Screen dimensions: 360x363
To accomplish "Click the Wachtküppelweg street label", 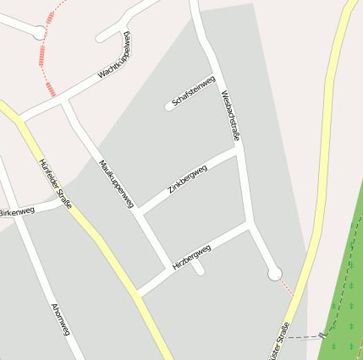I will (115, 58).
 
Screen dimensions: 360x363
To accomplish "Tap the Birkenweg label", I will (17, 210).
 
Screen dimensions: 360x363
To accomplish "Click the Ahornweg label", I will (59, 319).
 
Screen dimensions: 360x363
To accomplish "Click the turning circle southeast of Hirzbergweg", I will (273, 273).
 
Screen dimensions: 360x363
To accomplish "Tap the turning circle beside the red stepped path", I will (39, 32).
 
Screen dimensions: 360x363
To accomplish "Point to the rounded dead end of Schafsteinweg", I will (168, 106).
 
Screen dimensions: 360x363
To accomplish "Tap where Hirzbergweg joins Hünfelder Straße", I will (138, 293).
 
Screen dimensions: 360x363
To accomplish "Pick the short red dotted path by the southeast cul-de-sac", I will (286, 286).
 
